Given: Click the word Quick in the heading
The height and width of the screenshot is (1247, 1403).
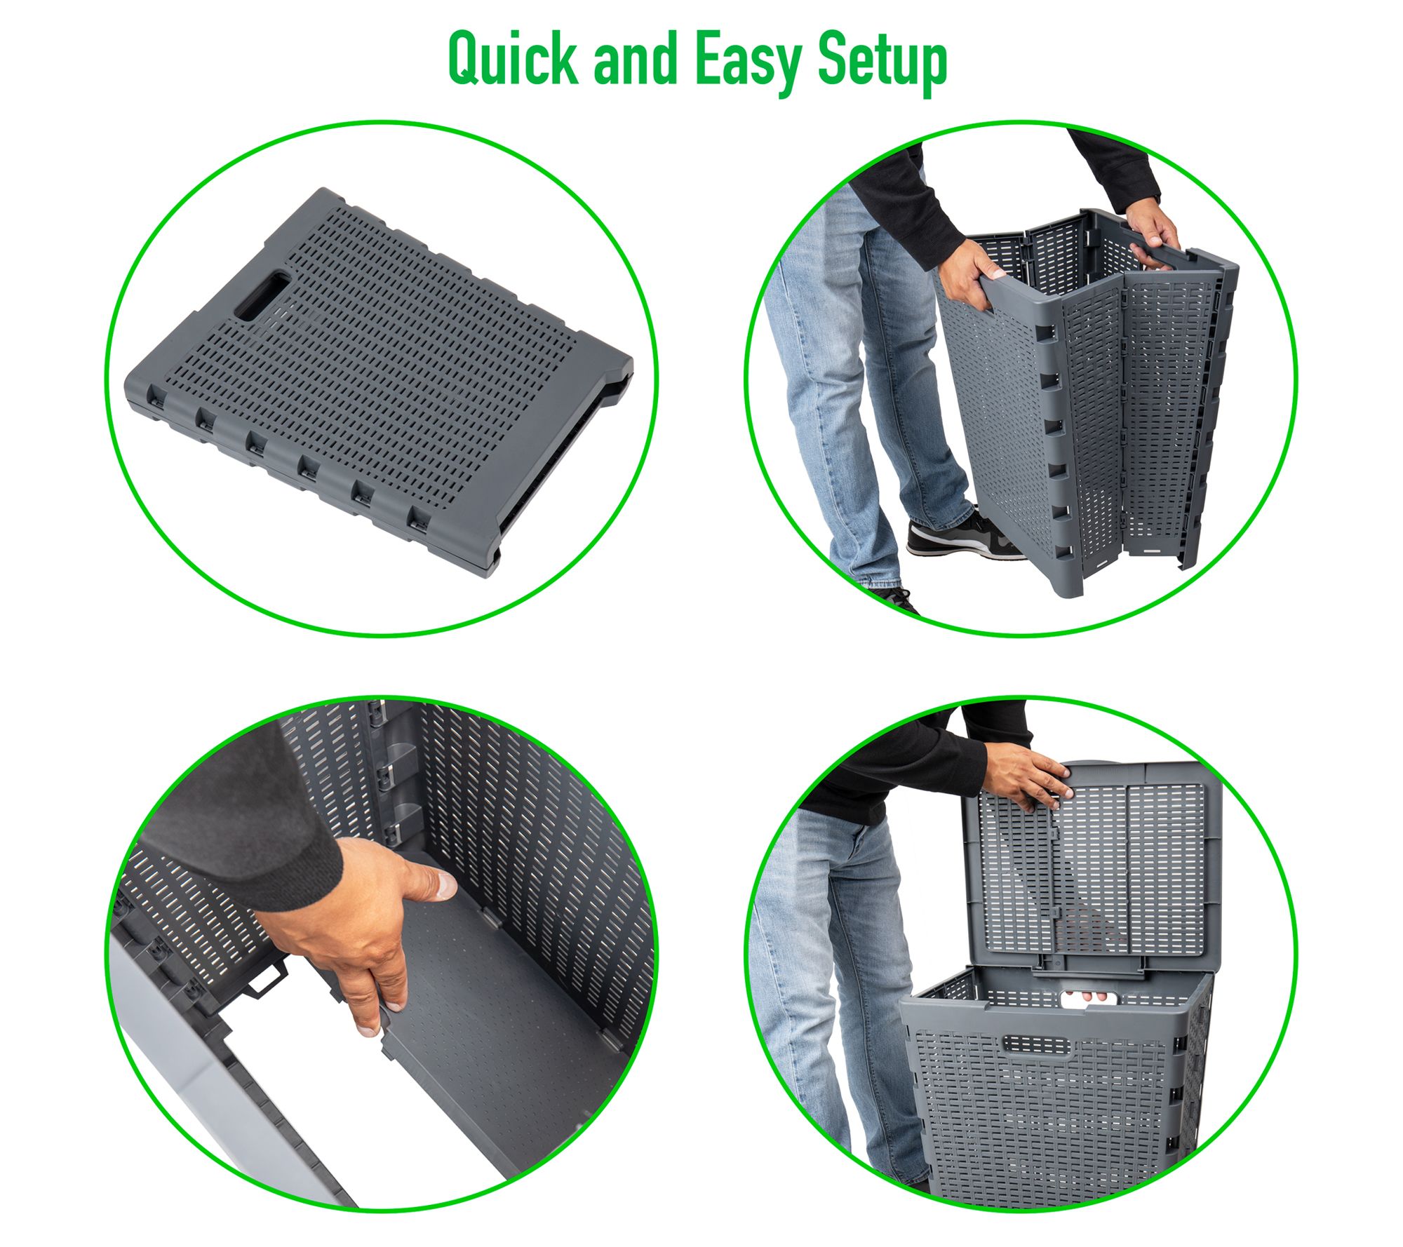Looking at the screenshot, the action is coord(513,60).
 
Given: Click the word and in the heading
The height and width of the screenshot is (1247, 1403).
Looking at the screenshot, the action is coord(636,60).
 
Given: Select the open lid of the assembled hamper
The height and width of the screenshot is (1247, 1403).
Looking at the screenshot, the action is coord(1090,867).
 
